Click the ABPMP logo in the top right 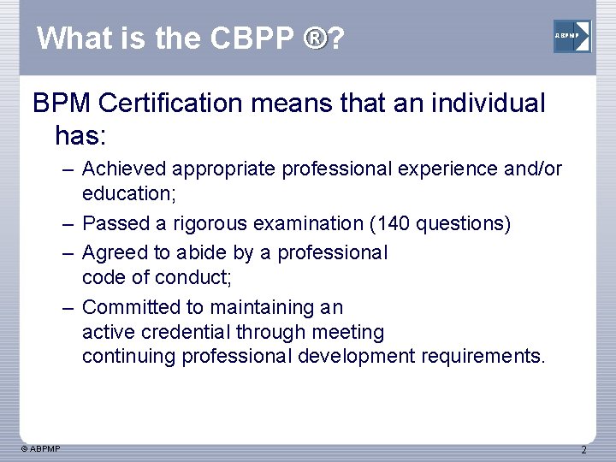(x=572, y=36)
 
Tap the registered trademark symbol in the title (x=316, y=37)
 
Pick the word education (x=127, y=194)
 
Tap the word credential (x=178, y=332)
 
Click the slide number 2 (x=584, y=450)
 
